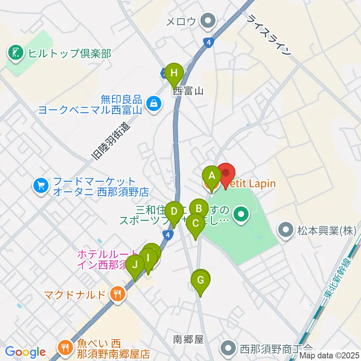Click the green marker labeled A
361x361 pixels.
pyautogui.click(x=211, y=176)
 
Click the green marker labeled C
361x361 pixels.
pyautogui.click(x=196, y=224)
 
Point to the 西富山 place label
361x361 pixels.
pyautogui.click(x=188, y=91)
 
